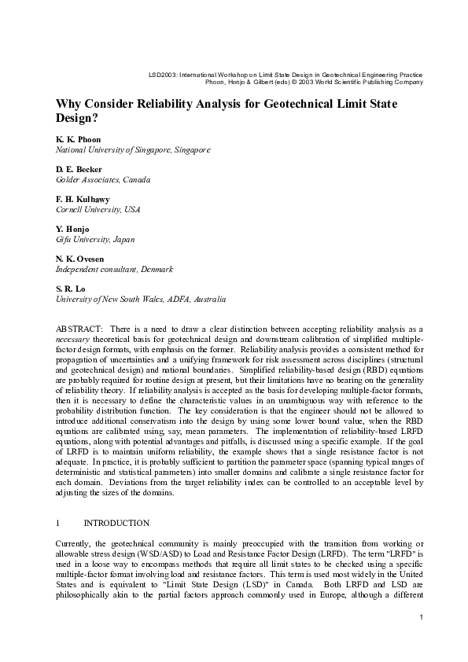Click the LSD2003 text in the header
(x=163, y=74)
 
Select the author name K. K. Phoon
(x=77, y=139)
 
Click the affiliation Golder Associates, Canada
(x=102, y=179)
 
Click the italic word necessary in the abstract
(x=72, y=336)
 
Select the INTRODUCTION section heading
(x=116, y=522)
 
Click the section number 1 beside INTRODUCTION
(x=58, y=522)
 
